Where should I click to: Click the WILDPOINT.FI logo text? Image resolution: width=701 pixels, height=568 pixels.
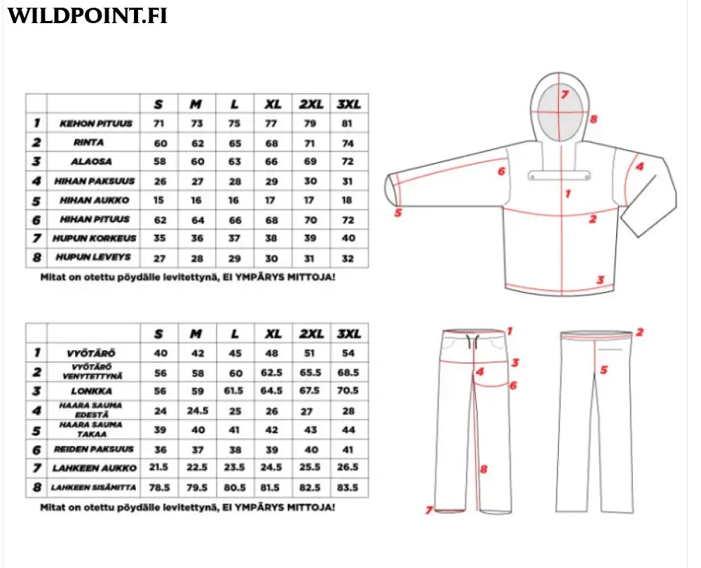point(88,15)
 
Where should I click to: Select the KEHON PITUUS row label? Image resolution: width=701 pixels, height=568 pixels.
point(95,124)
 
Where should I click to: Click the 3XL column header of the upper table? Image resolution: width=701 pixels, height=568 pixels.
point(349,104)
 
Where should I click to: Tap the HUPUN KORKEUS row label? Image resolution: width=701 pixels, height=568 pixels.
point(95,239)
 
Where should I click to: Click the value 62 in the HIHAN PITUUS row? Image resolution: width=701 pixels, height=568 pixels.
point(158,219)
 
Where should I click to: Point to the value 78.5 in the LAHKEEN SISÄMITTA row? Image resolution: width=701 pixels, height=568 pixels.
point(158,487)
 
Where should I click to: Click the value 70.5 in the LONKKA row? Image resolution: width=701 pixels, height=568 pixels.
point(348,392)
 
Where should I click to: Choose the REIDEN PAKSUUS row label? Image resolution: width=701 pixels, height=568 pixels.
point(95,449)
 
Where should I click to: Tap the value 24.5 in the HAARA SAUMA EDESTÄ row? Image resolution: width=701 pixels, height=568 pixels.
point(198,410)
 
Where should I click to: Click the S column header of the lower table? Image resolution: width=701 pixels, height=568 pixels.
point(158,334)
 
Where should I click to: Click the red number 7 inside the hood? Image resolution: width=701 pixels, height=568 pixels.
point(564,94)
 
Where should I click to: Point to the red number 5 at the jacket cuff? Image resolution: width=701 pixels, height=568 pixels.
point(397,213)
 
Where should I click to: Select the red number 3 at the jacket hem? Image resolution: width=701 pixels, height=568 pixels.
point(600,280)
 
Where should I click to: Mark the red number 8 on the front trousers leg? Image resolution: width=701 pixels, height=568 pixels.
point(483,469)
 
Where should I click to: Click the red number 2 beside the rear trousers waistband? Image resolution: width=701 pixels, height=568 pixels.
point(639,333)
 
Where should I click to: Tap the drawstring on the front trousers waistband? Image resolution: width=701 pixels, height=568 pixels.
point(475,344)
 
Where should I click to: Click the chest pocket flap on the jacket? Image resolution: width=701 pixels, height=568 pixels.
point(550,175)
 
